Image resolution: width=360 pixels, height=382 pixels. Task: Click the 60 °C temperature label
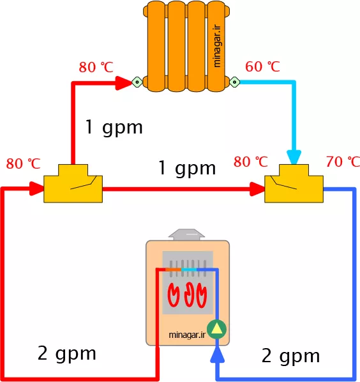coord(262,66)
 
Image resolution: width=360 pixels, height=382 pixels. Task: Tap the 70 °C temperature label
coord(343,162)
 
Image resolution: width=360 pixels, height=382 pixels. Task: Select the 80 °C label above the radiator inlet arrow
coord(96,67)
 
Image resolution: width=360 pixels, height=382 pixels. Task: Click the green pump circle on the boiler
coord(216,330)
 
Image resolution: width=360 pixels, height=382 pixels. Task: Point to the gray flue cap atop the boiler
coord(186,234)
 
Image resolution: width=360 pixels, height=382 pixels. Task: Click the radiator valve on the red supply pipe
coord(137,82)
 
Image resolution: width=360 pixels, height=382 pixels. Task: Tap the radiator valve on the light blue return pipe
coord(235,82)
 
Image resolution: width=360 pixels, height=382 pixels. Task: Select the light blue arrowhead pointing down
coord(294,157)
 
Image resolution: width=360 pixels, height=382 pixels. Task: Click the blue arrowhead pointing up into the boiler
coord(217,355)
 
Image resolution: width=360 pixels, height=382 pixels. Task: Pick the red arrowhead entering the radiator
coord(124,83)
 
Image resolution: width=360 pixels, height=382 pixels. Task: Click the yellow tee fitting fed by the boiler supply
coord(73,183)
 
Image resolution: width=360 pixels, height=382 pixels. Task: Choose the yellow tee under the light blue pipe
coord(294,183)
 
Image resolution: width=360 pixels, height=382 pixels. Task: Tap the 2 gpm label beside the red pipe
coord(67,354)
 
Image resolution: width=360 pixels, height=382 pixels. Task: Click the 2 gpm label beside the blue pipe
coord(291,356)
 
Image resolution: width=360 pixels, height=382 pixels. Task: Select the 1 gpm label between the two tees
coord(187,169)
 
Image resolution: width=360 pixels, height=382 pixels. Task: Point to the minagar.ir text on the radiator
coord(216,45)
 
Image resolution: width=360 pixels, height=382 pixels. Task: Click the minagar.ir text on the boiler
coord(187,335)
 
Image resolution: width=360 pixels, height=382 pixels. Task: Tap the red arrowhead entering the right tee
coord(257,189)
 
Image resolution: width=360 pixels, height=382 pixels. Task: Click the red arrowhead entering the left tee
coord(37,188)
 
